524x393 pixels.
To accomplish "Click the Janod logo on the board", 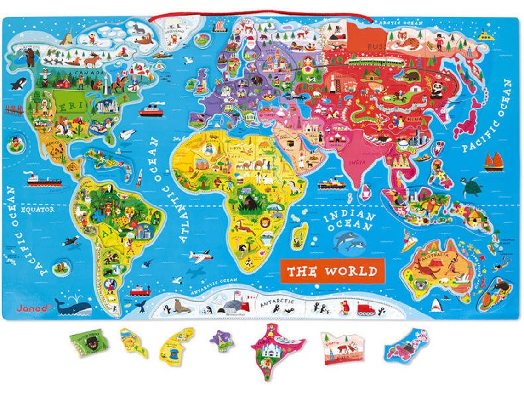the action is click(32, 308).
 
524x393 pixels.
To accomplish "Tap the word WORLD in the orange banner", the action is click(351, 271).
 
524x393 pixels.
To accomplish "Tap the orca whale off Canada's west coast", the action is click(19, 84).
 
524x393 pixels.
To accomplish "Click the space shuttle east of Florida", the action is click(126, 134).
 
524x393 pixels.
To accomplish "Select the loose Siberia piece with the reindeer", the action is click(342, 347).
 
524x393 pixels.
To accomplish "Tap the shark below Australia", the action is click(436, 304).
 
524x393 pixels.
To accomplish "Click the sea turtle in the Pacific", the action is click(472, 186).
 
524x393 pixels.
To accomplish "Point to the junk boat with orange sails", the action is click(493, 162).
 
